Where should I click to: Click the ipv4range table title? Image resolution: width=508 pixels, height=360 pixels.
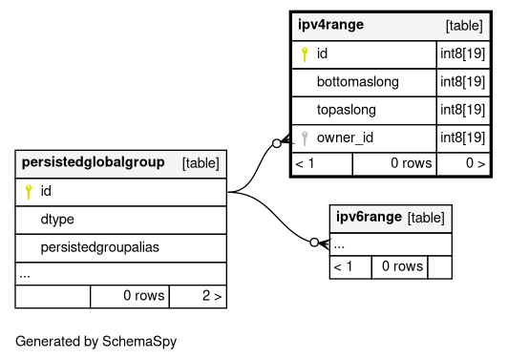click(330, 25)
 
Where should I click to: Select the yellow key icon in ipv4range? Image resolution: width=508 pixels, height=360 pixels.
click(305, 54)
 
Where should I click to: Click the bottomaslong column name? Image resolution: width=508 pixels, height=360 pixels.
click(358, 82)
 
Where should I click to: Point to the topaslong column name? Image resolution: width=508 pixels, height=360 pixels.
click(347, 110)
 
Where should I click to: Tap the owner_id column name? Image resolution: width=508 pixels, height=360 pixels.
click(345, 138)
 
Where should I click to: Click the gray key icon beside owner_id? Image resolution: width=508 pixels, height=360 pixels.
click(305, 138)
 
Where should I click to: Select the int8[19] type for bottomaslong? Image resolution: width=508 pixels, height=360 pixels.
click(462, 82)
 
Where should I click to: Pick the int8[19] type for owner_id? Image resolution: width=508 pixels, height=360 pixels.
click(462, 138)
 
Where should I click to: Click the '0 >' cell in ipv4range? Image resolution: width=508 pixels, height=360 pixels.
click(476, 163)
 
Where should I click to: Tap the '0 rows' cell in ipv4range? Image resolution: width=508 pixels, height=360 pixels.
click(412, 163)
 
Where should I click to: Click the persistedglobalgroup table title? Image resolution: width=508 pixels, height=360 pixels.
click(93, 162)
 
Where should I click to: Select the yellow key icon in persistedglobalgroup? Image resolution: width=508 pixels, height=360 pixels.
click(29, 192)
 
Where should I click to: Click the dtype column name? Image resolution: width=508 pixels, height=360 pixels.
click(57, 220)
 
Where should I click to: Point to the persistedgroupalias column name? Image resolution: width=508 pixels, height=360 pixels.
click(99, 247)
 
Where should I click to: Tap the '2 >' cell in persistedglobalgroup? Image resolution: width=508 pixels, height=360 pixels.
click(212, 295)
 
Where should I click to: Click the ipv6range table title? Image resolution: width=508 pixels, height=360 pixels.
click(369, 217)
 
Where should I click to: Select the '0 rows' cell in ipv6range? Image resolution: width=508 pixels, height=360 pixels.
click(402, 266)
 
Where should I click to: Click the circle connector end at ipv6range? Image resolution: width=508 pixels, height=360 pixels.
click(314, 243)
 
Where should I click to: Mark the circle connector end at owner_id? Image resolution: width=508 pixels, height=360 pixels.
click(277, 143)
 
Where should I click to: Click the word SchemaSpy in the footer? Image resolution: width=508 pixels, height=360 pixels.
click(139, 342)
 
